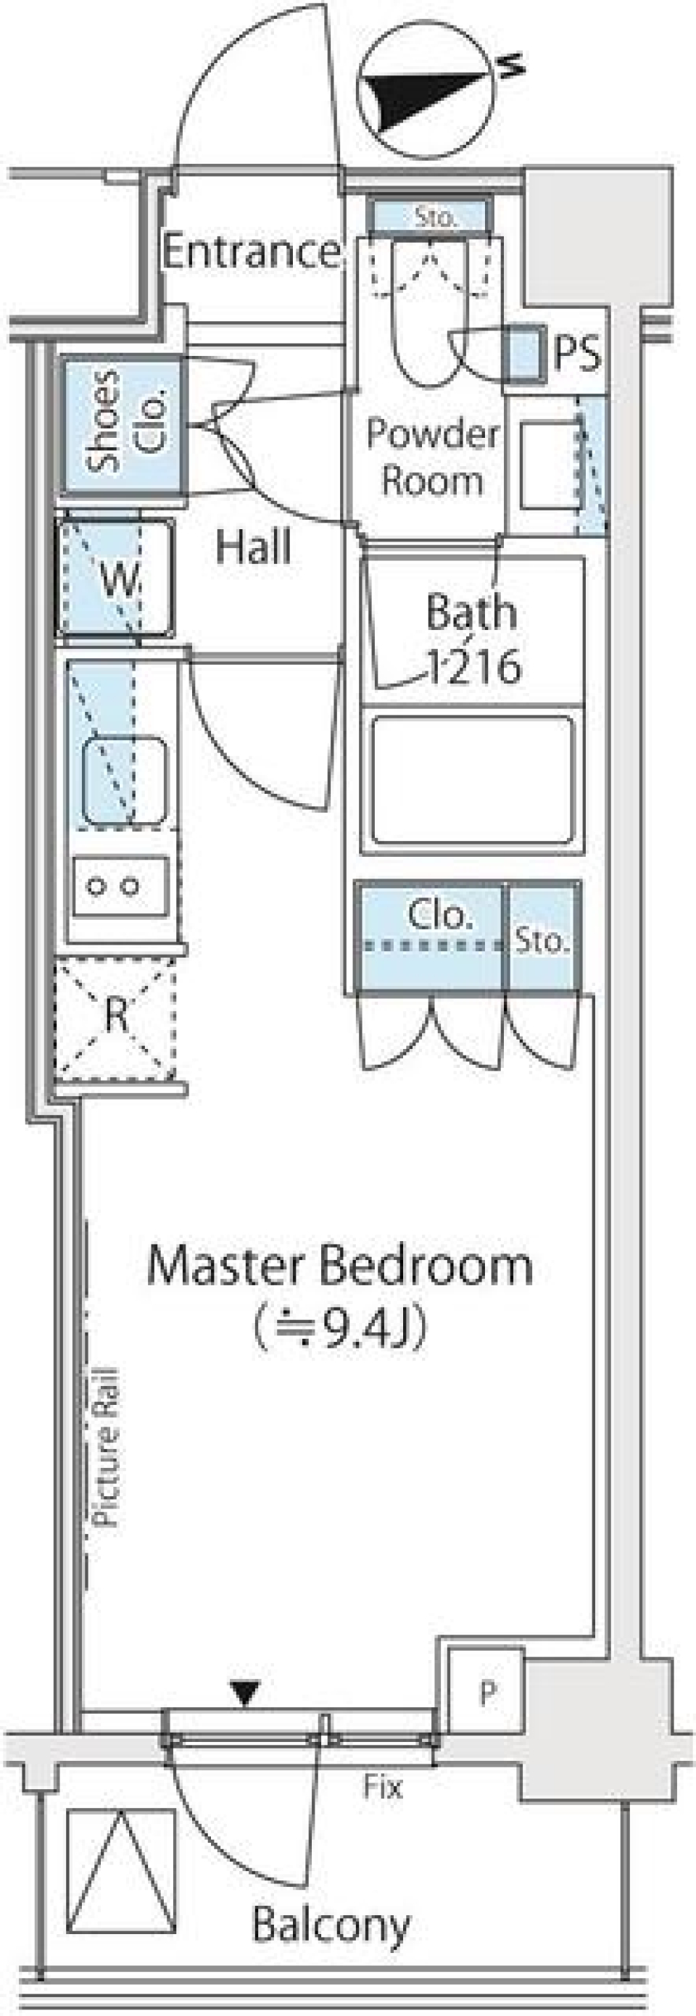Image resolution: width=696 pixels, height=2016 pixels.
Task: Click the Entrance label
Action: (252, 252)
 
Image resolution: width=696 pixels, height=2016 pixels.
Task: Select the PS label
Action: (578, 353)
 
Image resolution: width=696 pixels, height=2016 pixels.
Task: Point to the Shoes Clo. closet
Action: (124, 425)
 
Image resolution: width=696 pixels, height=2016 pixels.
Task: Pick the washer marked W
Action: (115, 577)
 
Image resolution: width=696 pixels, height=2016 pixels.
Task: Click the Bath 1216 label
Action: (472, 639)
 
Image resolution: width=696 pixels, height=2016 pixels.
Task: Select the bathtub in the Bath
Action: (472, 779)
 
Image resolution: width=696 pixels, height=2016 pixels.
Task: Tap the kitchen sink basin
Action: (125, 780)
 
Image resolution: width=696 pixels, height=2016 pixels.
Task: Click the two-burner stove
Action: (120, 887)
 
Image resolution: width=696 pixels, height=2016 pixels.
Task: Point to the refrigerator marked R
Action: (115, 1016)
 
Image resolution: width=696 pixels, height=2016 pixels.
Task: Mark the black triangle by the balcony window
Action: (246, 1694)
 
